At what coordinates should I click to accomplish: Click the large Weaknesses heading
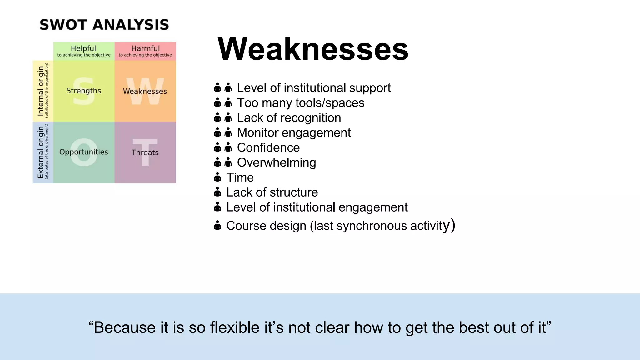pos(313,49)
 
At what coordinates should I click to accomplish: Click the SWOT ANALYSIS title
pos(104,25)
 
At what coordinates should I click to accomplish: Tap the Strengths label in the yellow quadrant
pos(84,91)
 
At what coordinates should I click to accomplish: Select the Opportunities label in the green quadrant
pos(84,152)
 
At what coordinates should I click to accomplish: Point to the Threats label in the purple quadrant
pos(145,152)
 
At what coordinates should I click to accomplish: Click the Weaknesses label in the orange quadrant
pos(145,91)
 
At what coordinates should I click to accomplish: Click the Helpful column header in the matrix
pos(83,49)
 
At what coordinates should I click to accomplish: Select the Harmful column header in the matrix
pos(145,49)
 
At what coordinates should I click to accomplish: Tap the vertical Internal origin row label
pos(41,91)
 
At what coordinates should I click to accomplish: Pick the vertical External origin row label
pos(41,152)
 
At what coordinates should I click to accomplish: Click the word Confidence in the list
pos(268,147)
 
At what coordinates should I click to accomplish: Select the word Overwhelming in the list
pos(277,162)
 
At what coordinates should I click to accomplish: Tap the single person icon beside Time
pos(217,177)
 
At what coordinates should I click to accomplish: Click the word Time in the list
pos(240,177)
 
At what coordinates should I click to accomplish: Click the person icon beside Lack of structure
pos(217,192)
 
